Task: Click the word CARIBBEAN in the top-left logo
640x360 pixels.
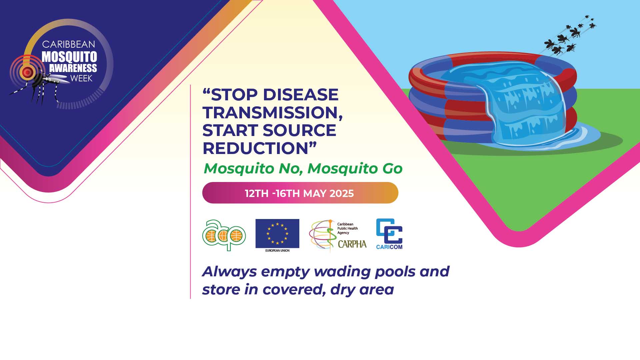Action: [x=69, y=44]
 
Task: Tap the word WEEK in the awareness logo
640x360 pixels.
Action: [x=81, y=79]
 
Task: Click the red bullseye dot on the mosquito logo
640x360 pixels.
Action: [x=27, y=72]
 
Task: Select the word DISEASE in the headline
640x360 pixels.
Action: [x=301, y=95]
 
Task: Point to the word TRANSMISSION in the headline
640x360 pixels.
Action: [x=272, y=113]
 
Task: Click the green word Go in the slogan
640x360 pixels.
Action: [x=392, y=169]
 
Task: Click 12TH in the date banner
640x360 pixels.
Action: [x=257, y=193]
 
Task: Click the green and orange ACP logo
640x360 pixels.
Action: [x=224, y=235]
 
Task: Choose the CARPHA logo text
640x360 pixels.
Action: [x=352, y=244]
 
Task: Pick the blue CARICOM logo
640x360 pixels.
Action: [x=389, y=234]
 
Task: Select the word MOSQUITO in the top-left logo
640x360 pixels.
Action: [x=69, y=57]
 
